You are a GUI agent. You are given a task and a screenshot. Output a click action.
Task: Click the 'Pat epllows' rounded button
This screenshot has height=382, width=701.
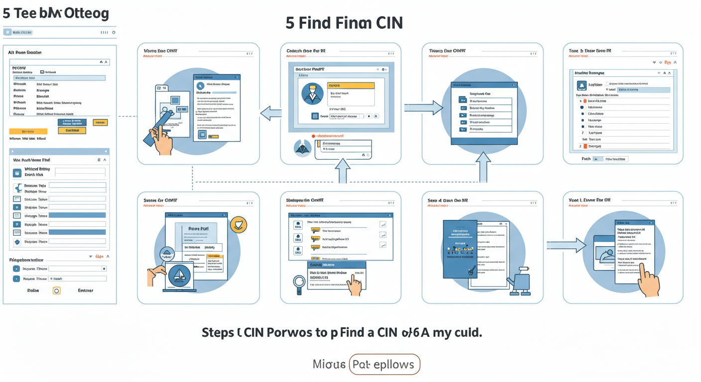[x=384, y=365]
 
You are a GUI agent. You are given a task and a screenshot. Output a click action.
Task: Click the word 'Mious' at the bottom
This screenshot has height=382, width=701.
[x=329, y=365]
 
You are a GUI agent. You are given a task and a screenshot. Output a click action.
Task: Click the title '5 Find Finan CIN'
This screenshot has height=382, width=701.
[x=344, y=23]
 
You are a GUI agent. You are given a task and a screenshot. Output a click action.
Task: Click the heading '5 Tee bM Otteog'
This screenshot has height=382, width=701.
[x=55, y=13]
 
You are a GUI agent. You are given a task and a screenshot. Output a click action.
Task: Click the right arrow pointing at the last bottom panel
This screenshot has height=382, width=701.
[x=567, y=244]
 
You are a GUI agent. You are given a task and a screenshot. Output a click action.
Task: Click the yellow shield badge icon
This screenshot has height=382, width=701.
[x=239, y=225]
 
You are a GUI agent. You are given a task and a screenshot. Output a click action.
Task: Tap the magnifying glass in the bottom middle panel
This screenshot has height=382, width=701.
[x=299, y=284]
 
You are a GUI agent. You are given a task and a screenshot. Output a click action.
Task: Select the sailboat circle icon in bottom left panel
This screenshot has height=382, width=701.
[x=180, y=275]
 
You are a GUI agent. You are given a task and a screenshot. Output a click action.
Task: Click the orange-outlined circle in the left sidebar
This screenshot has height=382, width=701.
[x=56, y=290]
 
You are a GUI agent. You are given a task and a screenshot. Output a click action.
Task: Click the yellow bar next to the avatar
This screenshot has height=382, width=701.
[x=350, y=86]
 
